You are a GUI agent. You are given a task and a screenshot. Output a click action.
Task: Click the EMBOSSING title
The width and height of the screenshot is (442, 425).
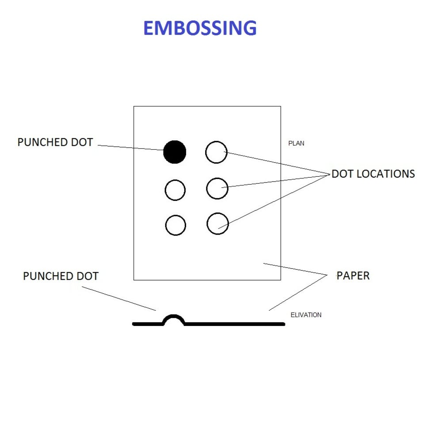tap(200, 28)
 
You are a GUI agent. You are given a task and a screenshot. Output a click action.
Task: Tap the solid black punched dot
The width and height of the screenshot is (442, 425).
tap(175, 152)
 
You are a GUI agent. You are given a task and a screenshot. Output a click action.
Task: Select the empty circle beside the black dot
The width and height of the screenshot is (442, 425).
tap(216, 152)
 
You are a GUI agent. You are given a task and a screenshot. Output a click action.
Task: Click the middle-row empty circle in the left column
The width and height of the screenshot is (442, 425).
tap(175, 190)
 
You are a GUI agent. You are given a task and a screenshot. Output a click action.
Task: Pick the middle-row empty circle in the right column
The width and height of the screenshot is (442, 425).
tap(217, 188)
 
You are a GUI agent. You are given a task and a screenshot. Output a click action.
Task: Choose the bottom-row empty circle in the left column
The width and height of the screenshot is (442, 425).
tap(175, 225)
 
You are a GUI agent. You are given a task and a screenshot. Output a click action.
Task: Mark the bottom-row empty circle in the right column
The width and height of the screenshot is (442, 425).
tap(217, 224)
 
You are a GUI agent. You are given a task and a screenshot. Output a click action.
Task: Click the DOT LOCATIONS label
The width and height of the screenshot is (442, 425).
tap(373, 174)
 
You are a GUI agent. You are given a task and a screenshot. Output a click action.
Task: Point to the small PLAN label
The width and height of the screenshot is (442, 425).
tap(296, 144)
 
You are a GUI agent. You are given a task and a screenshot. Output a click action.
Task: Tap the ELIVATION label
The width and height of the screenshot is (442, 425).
tap(306, 315)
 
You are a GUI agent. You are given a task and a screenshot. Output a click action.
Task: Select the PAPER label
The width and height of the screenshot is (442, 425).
tap(353, 276)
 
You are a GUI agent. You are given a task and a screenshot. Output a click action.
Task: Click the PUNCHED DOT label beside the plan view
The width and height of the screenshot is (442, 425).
tap(55, 142)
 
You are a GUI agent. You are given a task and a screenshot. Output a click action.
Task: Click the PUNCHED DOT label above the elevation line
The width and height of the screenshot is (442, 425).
tap(61, 277)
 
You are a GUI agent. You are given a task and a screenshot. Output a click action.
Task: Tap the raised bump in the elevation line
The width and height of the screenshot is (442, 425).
tap(174, 319)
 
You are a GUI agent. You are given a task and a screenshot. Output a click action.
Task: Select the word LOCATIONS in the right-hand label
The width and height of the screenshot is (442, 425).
tap(385, 174)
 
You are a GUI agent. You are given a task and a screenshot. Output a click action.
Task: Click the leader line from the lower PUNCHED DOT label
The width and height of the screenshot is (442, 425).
tap(119, 298)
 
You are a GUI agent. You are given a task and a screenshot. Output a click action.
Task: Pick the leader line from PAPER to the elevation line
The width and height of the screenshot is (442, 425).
tap(297, 293)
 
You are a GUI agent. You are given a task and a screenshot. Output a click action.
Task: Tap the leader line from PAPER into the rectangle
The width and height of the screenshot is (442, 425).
tap(294, 270)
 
